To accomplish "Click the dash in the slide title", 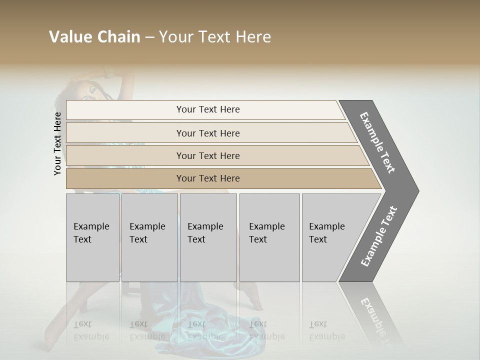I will [x=149, y=37].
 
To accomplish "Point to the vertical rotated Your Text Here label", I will [x=57, y=143].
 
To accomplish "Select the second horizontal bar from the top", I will [x=208, y=133].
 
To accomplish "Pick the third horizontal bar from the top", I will [x=208, y=155].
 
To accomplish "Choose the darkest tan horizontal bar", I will [x=208, y=178].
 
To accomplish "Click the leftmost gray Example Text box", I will [x=92, y=237].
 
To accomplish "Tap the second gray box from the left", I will [x=149, y=237].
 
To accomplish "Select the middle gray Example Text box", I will [x=208, y=237].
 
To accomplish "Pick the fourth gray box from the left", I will [x=269, y=237].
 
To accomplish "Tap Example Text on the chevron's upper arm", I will [x=378, y=142].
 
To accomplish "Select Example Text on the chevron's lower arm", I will [x=379, y=236].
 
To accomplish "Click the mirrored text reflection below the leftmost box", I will [x=91, y=331].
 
